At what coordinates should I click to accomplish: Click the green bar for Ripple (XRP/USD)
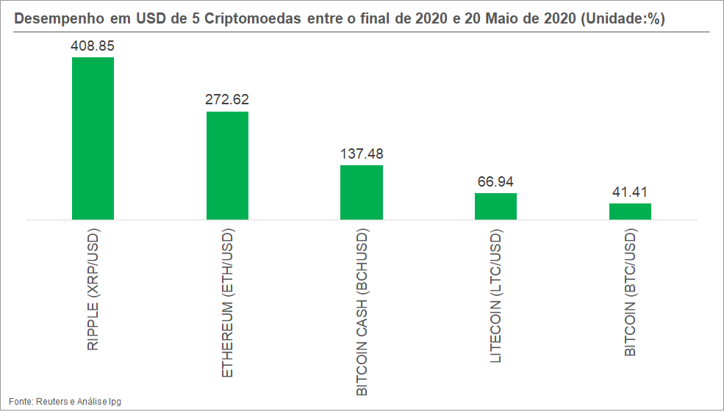click(93, 138)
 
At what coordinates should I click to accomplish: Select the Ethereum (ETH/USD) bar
click(227, 165)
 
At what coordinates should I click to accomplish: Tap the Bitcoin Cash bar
click(362, 192)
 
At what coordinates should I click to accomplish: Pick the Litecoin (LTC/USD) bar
click(495, 206)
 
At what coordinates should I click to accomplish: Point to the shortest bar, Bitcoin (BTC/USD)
click(630, 212)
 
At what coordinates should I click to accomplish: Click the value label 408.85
click(93, 46)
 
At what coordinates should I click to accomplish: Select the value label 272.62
click(227, 100)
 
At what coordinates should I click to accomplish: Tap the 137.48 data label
click(362, 154)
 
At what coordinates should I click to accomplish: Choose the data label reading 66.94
click(495, 182)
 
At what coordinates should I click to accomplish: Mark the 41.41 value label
click(630, 192)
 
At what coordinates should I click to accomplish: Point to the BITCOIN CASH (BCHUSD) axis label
click(362, 312)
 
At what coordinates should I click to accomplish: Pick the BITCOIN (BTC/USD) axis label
click(631, 292)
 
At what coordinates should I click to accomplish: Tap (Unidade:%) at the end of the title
click(623, 19)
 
